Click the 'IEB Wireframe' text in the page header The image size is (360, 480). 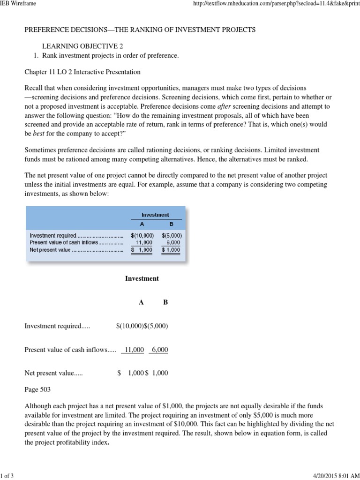[18, 4]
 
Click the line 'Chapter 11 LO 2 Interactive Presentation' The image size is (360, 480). [82, 72]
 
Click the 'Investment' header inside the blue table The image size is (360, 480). [155, 215]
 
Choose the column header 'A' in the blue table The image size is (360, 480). [142, 224]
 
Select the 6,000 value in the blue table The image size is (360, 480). [174, 243]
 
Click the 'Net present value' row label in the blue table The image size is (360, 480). [50, 250]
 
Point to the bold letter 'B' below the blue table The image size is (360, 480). [165, 302]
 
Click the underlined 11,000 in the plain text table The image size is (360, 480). [133, 350]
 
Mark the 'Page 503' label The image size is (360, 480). [37, 389]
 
